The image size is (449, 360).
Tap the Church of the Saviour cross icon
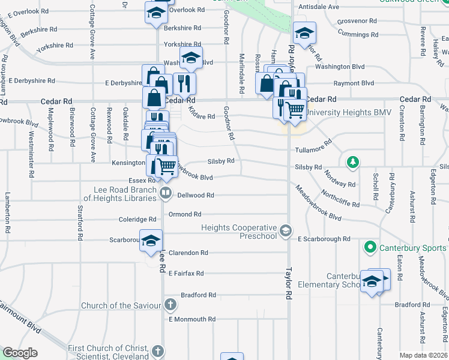point(170,305)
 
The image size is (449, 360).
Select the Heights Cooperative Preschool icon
point(286,230)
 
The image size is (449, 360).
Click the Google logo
point(20,353)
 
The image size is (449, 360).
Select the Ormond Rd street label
point(184,214)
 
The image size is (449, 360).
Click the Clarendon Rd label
point(188,253)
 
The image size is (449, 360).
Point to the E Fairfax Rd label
point(186,274)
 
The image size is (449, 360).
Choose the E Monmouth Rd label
point(191,319)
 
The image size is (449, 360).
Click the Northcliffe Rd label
point(340,199)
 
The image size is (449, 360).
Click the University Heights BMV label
point(349,112)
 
